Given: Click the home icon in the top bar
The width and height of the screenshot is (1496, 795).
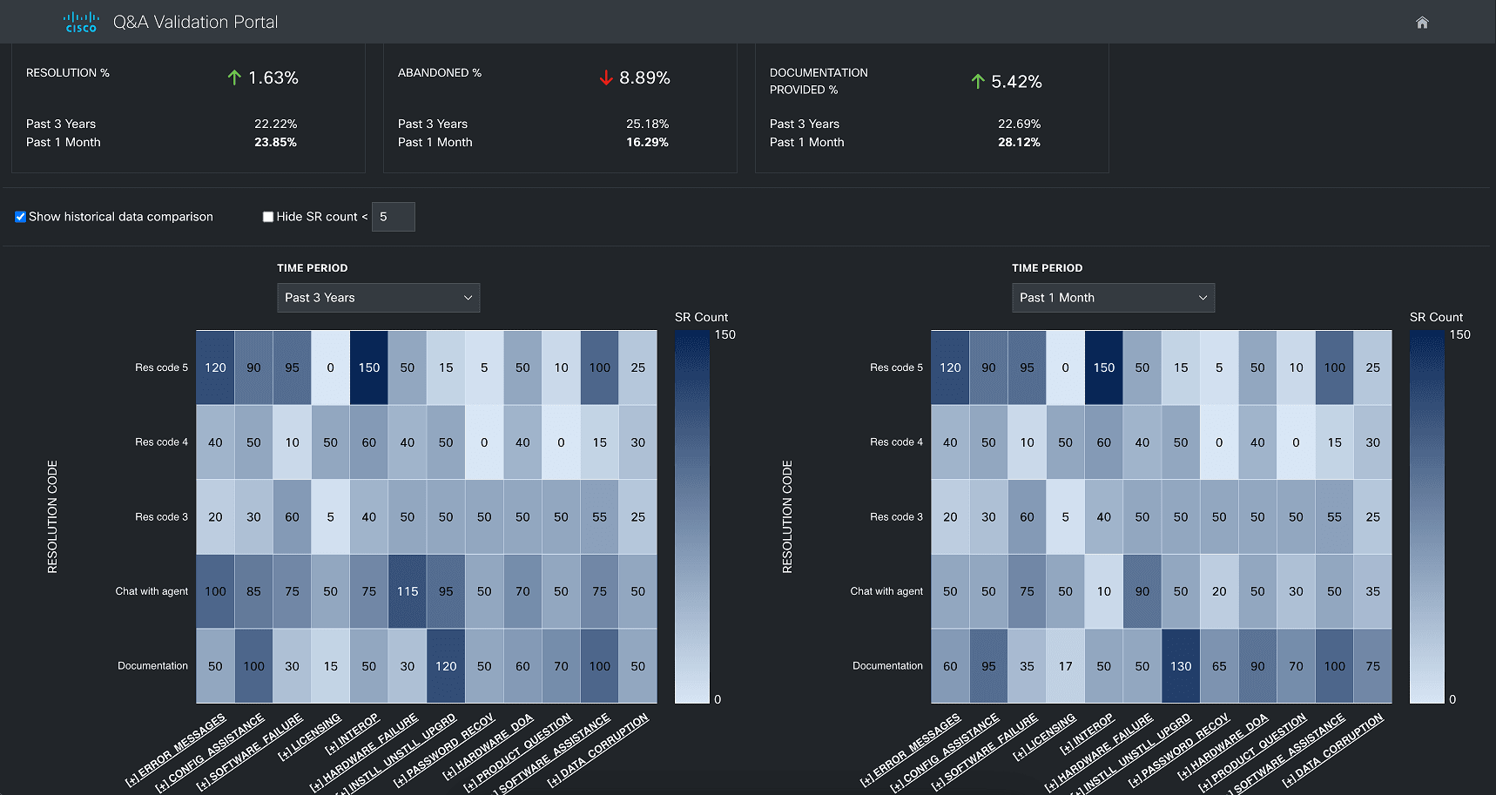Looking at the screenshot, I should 1422,23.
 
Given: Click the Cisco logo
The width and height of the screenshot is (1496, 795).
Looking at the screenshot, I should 81,23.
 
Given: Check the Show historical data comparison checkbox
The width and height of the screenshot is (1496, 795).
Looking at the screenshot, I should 20,217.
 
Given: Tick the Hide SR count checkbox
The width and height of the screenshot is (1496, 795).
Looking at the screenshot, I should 268,217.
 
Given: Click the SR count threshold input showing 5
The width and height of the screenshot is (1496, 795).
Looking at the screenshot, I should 393,217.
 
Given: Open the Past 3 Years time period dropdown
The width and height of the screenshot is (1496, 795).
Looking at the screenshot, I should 378,298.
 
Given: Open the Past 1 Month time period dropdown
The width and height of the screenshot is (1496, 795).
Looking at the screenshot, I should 1113,298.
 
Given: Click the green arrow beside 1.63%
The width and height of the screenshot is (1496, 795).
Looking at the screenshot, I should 234,77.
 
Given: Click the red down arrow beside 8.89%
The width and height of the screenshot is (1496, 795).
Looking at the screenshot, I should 606,77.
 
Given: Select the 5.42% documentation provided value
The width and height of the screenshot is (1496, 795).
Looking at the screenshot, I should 1016,82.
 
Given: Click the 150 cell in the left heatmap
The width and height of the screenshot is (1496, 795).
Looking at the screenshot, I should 369,367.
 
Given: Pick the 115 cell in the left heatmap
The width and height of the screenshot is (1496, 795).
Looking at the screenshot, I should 408,591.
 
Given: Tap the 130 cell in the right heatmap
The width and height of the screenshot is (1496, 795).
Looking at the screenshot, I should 1181,666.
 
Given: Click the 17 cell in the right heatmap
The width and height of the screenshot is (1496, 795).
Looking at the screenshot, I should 1065,666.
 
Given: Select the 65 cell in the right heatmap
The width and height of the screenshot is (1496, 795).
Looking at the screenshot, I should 1219,666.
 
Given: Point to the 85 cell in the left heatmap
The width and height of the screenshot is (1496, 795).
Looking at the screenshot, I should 253,591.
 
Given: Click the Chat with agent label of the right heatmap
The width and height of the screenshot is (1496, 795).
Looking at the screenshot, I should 886,591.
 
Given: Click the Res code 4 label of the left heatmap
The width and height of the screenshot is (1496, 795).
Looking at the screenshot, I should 161,442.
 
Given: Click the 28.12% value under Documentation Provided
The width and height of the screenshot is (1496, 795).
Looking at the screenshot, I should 1019,142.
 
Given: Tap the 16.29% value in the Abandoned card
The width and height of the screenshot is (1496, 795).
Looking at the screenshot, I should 647,142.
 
